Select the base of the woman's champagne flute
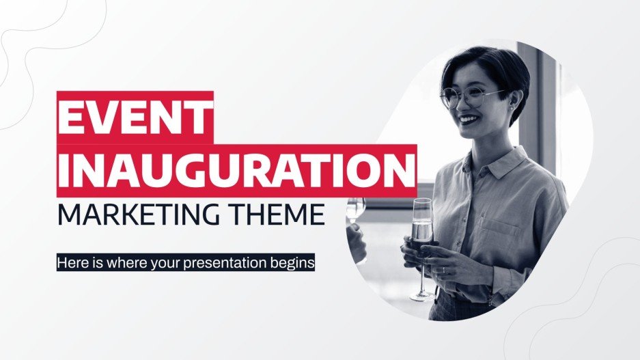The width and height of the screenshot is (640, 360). [x=422, y=296]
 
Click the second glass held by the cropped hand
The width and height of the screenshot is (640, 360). [x=356, y=209]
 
